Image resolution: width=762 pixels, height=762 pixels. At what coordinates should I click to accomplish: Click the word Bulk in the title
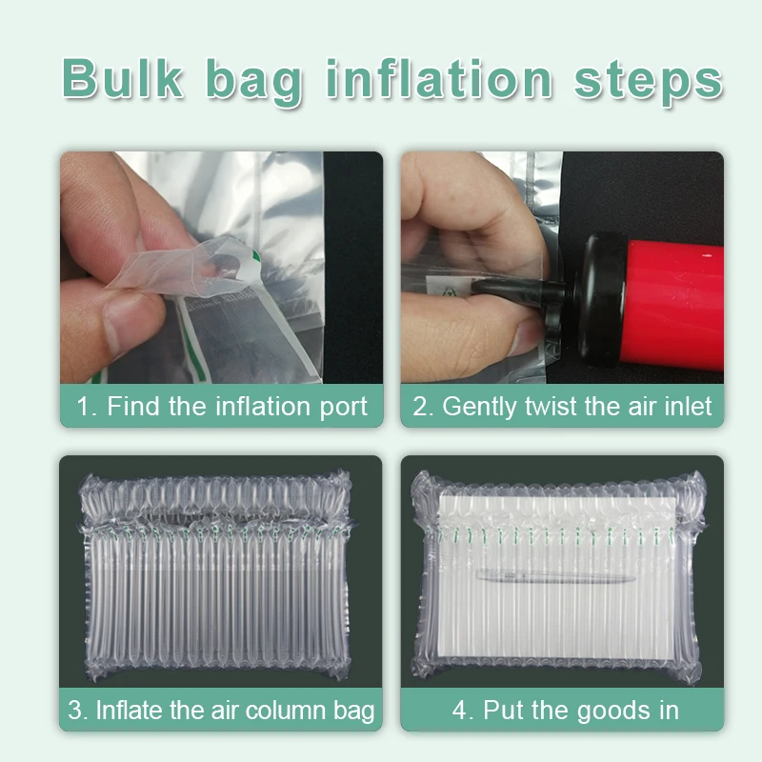point(125,78)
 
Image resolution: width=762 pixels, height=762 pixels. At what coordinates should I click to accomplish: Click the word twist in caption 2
point(553,407)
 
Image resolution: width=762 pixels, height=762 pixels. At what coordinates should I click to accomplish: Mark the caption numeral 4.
point(460,710)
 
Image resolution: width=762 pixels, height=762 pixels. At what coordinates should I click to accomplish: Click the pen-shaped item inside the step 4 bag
point(552,576)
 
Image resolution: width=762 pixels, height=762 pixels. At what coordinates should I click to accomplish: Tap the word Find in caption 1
point(133,407)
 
